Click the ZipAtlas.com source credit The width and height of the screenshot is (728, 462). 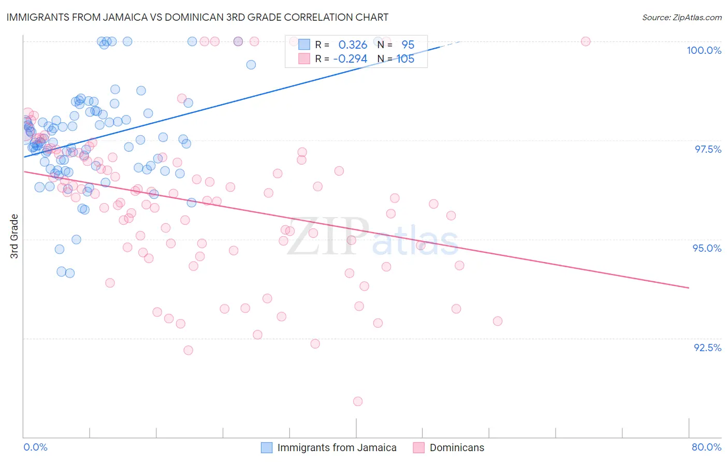pyautogui.click(x=681, y=17)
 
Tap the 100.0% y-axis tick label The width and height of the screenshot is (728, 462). pyautogui.click(x=704, y=50)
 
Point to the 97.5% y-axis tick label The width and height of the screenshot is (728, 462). pyautogui.click(x=707, y=149)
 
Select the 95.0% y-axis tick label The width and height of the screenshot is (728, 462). pyautogui.click(x=707, y=248)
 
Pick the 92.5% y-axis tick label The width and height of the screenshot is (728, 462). pyautogui.click(x=707, y=348)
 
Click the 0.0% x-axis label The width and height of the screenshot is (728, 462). pyautogui.click(x=35, y=447)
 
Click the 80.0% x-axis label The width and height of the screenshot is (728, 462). pyautogui.click(x=706, y=447)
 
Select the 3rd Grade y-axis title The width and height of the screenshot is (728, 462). pyautogui.click(x=14, y=236)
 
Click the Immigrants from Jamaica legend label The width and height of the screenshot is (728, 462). pyautogui.click(x=337, y=447)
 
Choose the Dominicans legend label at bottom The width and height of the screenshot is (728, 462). pyautogui.click(x=457, y=447)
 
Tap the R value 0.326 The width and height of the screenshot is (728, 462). pyautogui.click(x=353, y=45)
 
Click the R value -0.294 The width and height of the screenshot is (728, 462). pyautogui.click(x=351, y=59)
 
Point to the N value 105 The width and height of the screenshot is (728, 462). pyautogui.click(x=405, y=59)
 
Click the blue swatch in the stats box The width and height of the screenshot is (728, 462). pyautogui.click(x=304, y=45)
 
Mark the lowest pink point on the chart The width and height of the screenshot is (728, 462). pyautogui.click(x=358, y=401)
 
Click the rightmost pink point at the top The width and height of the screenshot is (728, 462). pyautogui.click(x=586, y=41)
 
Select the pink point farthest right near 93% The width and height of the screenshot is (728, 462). pyautogui.click(x=498, y=321)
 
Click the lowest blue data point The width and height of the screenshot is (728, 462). pyautogui.click(x=70, y=273)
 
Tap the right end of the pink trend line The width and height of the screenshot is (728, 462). pyautogui.click(x=689, y=287)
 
